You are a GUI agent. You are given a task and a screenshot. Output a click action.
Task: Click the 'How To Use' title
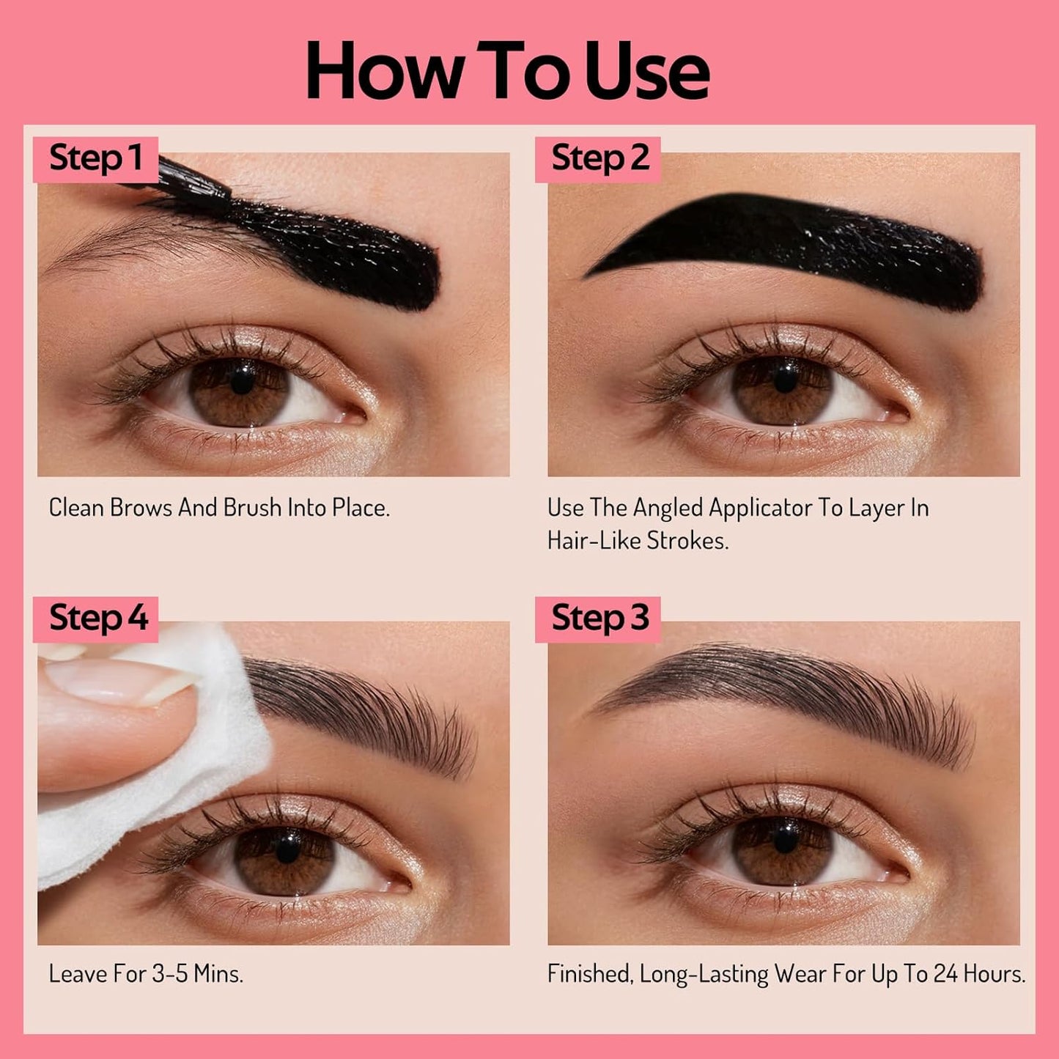coord(507,71)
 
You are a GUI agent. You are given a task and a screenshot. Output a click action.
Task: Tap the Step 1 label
coord(95,159)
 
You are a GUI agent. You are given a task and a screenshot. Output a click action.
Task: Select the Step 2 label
coord(599,159)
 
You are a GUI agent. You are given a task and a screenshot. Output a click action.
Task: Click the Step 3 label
coord(599,619)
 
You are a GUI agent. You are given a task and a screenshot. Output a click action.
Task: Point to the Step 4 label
coord(98,619)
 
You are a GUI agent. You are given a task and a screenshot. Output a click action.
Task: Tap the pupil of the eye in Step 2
coord(785,380)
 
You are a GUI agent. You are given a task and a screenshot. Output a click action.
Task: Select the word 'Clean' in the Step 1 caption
coord(75,508)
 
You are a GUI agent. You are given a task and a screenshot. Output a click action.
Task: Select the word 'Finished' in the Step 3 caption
coord(589,974)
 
